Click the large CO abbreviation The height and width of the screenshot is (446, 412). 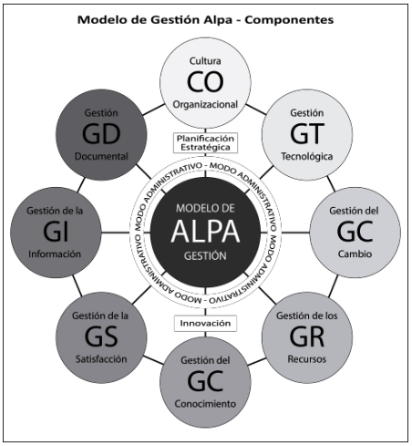coord(205,82)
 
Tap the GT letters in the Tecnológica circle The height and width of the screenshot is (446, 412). coord(307,134)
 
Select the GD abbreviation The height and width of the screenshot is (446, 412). coord(101,134)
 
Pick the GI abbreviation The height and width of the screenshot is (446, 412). coord(56,232)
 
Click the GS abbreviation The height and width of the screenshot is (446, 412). coord(101,337)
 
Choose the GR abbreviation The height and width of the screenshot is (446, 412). coord(307,337)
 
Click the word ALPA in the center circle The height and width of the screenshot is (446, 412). coord(205,232)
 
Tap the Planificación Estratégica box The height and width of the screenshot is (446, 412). coord(205,142)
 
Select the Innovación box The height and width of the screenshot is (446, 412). coord(205,323)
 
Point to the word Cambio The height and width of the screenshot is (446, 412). coord(355,254)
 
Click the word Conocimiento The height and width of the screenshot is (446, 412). coord(205,404)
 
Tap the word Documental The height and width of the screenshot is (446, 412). coord(101,156)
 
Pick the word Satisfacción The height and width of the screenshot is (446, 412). coord(101,359)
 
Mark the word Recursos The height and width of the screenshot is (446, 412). coord(307,359)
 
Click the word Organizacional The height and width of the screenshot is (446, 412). coord(205,105)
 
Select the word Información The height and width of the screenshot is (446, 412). coord(55,254)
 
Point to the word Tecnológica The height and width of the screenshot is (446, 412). coord(307,156)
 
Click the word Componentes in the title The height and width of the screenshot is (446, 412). coord(289,20)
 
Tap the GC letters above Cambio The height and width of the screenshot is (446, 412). coord(355,232)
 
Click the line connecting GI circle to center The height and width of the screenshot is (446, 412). coord(126,233)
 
